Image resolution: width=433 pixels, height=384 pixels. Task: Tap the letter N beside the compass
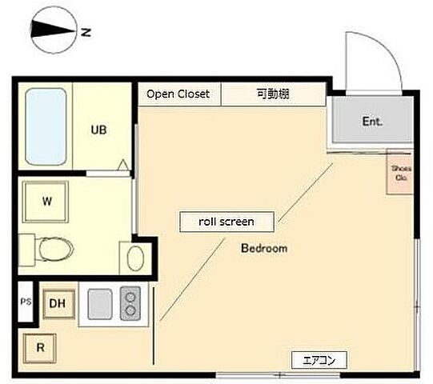click(x=86, y=33)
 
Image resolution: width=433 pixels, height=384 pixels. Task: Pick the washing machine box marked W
click(x=46, y=202)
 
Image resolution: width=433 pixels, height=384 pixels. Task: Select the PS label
click(x=25, y=302)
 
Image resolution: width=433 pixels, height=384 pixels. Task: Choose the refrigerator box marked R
click(x=38, y=348)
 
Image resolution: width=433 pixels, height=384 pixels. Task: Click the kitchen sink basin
click(x=100, y=303)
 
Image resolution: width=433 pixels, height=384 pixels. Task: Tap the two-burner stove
click(x=130, y=303)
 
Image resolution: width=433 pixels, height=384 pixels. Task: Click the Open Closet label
click(x=178, y=94)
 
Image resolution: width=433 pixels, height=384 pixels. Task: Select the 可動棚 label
click(x=273, y=94)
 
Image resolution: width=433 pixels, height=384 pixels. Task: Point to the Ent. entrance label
click(x=372, y=122)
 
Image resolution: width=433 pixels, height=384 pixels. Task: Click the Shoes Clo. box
click(x=400, y=174)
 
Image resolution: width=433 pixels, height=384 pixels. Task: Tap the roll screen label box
click(x=226, y=222)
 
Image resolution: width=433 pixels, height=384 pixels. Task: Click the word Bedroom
click(x=264, y=249)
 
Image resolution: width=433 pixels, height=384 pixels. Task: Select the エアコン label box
click(x=319, y=361)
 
